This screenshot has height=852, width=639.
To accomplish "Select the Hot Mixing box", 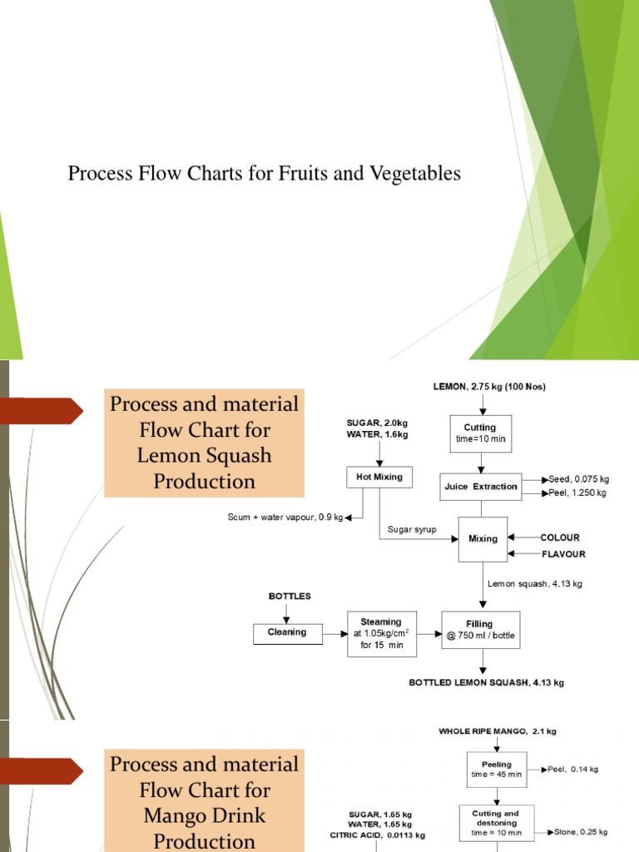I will coord(379,478).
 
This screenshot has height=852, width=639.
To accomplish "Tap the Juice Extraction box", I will coord(482,487).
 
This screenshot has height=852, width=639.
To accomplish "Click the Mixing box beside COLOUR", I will coord(483,538).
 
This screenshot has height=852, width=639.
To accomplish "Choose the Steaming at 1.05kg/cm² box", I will coord(380,633).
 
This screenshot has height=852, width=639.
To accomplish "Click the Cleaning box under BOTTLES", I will coord(286,632).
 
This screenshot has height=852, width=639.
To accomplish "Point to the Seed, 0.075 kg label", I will coord(578,479).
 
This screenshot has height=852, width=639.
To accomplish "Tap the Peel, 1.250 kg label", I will coord(577,493).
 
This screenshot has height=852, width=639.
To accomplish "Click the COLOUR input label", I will coord(560,537).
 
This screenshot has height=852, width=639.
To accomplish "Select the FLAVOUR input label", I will coord(563,554).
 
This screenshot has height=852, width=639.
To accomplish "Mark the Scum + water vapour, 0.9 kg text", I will coord(285,518).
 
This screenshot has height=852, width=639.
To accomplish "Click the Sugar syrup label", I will coord(412,529).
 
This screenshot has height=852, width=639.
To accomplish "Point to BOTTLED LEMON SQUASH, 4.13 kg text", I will coord(487,683).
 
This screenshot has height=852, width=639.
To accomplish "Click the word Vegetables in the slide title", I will coord(417,174).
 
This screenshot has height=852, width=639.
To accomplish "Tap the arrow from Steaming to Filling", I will coord(428,633).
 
